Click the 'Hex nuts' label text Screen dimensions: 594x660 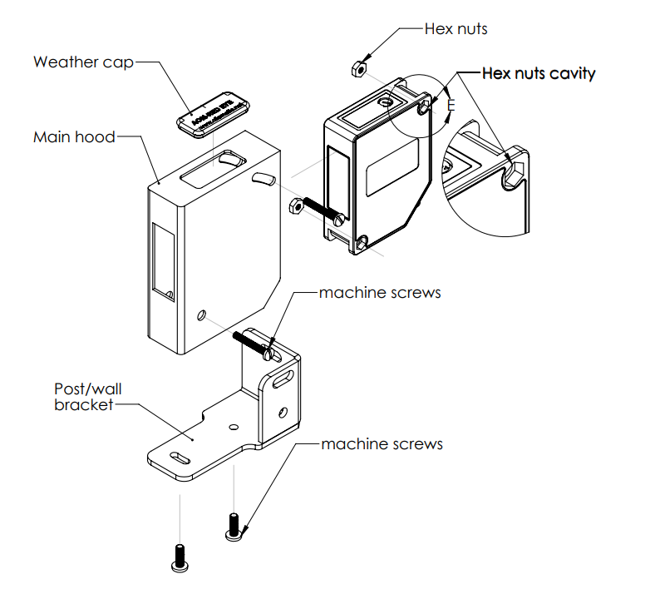tap(456, 29)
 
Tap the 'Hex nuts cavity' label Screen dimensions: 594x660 tap(539, 73)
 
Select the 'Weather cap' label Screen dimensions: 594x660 tap(83, 62)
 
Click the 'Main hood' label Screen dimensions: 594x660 tap(74, 136)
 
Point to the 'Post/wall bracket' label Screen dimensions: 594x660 tap(83, 397)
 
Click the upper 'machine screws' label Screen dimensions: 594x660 tap(380, 293)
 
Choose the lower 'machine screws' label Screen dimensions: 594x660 tap(382, 443)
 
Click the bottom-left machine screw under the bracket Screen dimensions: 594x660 tap(178, 558)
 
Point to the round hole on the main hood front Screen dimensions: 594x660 tap(200, 315)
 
